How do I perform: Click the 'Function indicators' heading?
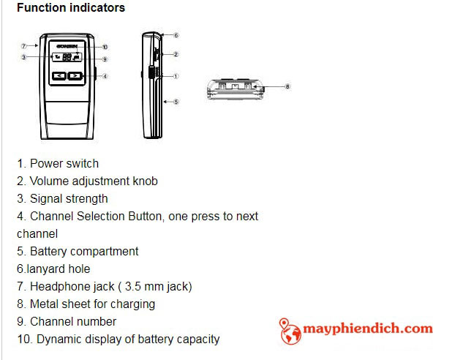click(x=71, y=7)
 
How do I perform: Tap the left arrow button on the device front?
click(x=59, y=76)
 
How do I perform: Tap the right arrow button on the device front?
click(x=75, y=76)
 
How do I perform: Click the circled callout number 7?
click(x=24, y=45)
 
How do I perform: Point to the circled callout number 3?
click(x=24, y=57)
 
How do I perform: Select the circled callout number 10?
click(x=105, y=47)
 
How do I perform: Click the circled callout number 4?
click(x=105, y=76)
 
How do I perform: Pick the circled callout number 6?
click(x=176, y=35)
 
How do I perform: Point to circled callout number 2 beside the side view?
click(x=176, y=54)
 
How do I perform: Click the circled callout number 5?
click(x=176, y=102)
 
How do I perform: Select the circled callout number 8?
click(x=287, y=86)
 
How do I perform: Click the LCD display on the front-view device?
click(x=67, y=56)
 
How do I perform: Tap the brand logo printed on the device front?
click(x=67, y=46)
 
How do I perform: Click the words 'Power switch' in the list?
click(x=64, y=164)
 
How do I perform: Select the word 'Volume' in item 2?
click(x=49, y=181)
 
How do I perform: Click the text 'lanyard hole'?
click(x=59, y=269)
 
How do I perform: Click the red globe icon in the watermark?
click(x=290, y=331)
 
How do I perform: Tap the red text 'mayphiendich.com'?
click(x=368, y=329)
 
